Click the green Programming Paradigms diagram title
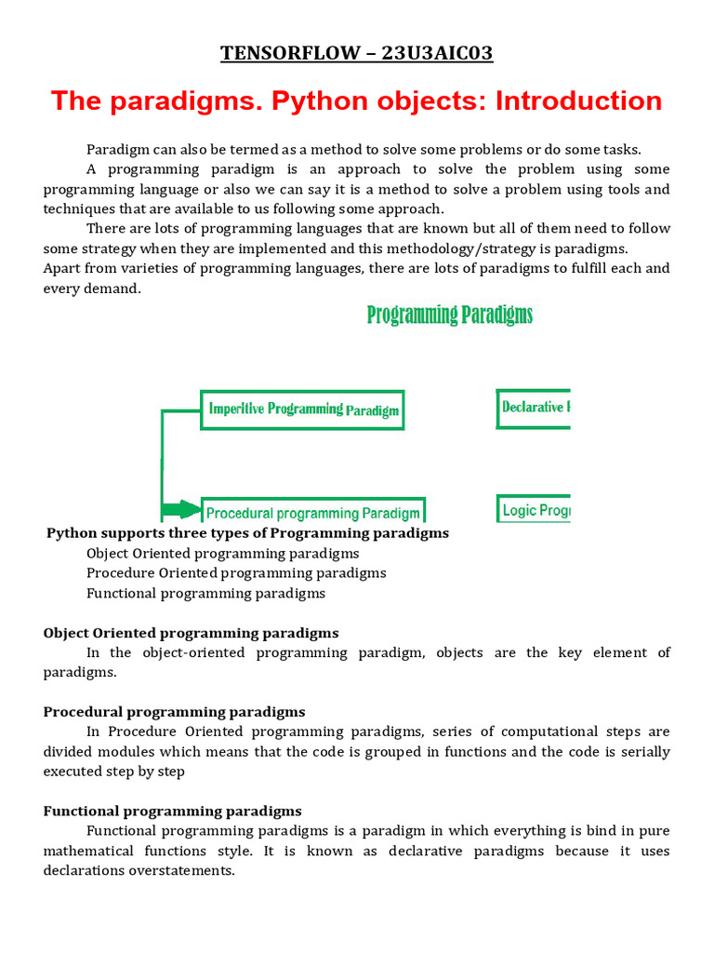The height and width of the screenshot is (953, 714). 450,315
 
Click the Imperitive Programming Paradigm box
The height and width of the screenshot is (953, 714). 303,409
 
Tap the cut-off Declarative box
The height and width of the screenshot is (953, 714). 534,408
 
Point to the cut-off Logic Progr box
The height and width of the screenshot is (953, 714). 534,510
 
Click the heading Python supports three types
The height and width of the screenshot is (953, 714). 247,533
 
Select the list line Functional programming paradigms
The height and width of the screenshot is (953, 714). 205,593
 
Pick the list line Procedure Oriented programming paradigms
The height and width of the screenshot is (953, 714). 236,572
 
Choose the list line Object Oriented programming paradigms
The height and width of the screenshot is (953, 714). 222,553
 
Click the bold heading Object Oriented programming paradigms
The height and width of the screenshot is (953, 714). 191,633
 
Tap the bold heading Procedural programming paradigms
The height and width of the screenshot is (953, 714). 174,712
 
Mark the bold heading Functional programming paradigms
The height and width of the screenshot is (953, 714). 172,812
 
